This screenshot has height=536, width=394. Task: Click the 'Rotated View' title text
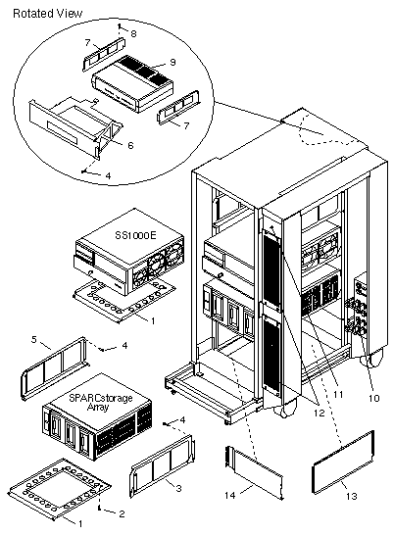48,14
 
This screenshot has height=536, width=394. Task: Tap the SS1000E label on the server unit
136,235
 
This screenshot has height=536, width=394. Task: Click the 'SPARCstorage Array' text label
101,402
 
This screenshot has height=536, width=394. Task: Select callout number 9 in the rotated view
172,62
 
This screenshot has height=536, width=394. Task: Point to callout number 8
133,33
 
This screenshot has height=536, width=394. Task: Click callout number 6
130,145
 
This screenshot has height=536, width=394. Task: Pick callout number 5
34,340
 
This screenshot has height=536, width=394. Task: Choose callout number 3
178,489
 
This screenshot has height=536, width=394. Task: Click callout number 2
122,513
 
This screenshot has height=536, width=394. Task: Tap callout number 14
229,495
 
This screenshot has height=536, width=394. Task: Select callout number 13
352,496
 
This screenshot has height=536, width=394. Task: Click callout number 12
319,413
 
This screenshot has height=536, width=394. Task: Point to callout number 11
338,395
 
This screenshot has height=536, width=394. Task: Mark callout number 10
374,398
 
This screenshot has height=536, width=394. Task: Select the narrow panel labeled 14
255,471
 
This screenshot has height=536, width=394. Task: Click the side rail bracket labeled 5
55,369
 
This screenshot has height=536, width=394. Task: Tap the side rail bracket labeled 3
163,464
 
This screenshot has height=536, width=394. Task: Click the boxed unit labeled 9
132,83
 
